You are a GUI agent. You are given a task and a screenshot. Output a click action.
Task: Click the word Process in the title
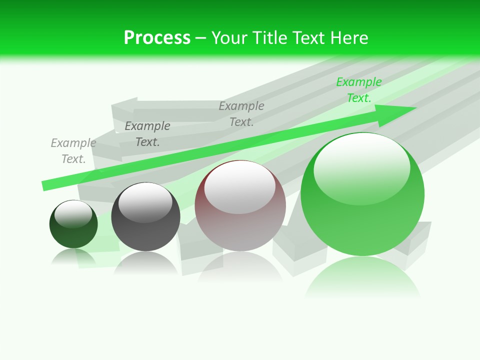157,38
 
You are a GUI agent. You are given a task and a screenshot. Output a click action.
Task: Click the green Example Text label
358,90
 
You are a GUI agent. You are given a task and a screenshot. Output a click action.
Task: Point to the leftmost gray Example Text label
73,151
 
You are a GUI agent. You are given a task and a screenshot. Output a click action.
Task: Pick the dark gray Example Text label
147,134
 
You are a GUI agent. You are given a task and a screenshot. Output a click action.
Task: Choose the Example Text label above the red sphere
241,114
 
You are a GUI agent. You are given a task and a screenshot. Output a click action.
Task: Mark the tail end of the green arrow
46,185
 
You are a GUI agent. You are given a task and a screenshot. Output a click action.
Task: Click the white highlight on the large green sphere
361,167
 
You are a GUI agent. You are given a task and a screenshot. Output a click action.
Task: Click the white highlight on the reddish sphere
239,187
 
